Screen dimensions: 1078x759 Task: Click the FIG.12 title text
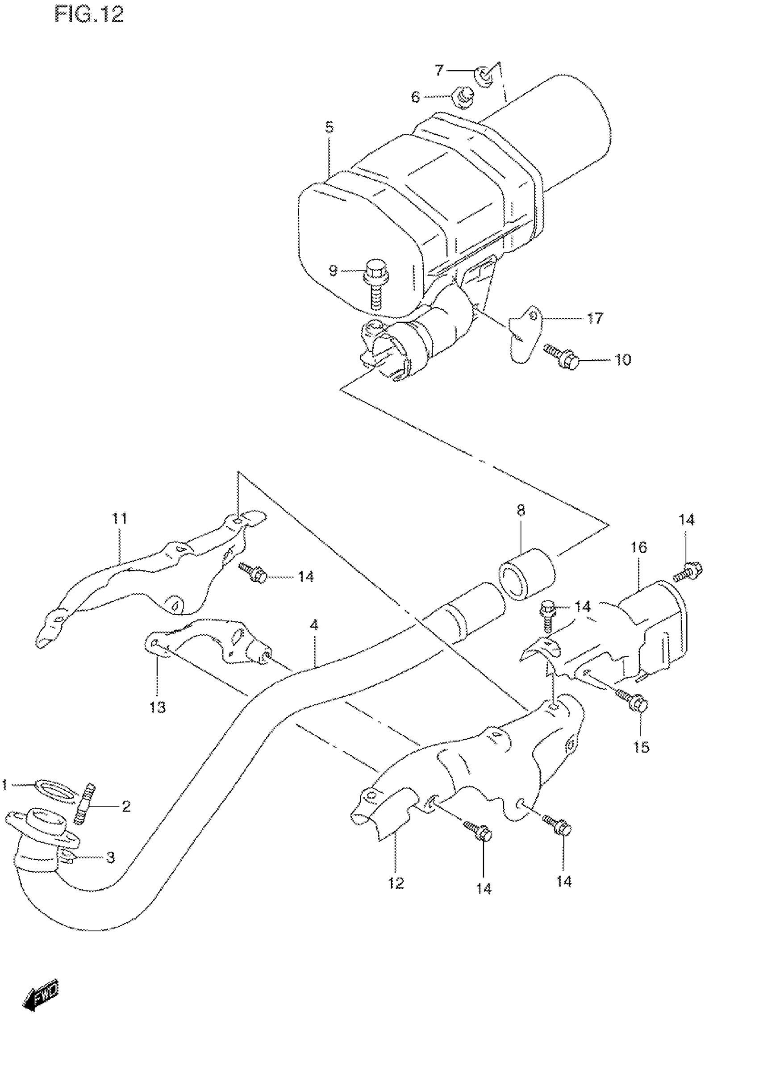(89, 15)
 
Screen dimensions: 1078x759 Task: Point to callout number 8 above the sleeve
(521, 510)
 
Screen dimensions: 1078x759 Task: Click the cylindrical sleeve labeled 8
(526, 573)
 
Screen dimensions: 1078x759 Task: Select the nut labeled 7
(484, 76)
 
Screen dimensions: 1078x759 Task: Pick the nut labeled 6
(462, 98)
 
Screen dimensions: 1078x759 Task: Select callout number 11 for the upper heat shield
(120, 518)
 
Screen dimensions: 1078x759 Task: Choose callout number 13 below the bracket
(158, 707)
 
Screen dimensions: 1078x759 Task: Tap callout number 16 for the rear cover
(639, 547)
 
